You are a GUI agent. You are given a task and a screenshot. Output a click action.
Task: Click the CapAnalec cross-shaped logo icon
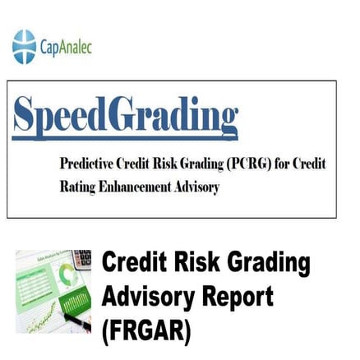click(x=25, y=47)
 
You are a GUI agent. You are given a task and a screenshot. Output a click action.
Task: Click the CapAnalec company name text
click(x=66, y=48)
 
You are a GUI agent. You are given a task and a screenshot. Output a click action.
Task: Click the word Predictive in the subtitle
click(x=88, y=164)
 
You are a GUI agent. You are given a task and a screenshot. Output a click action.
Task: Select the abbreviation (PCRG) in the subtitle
click(x=241, y=164)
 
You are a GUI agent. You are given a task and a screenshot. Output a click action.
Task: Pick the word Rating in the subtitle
click(x=78, y=187)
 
